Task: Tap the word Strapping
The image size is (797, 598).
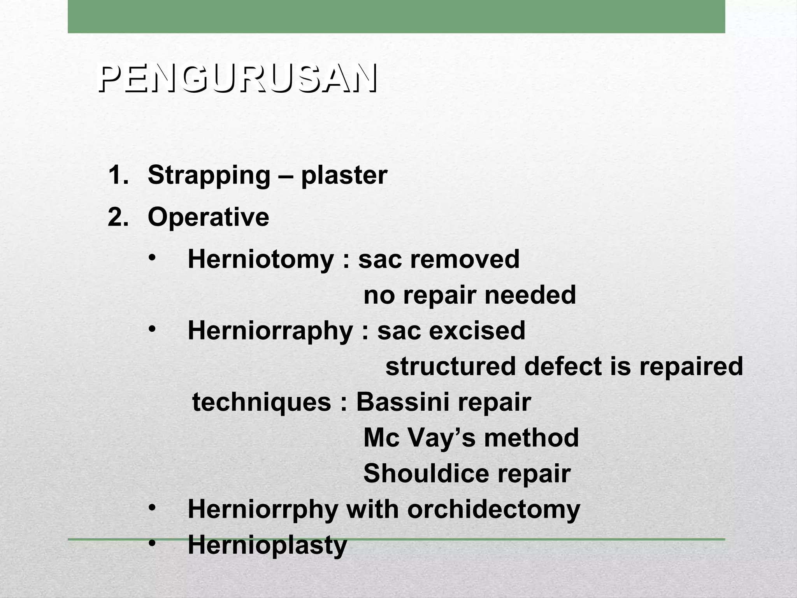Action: coord(209,176)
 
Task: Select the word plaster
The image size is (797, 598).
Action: coord(344,176)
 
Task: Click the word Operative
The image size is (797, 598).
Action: coord(208,217)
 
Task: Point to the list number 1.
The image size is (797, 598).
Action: coord(118,175)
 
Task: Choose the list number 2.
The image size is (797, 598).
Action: coord(118,217)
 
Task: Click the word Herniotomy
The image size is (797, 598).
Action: coord(261,259)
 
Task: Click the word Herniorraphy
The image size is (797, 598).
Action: coord(270,331)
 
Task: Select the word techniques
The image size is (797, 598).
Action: coord(262,403)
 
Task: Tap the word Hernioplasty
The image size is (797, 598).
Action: coord(267,545)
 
